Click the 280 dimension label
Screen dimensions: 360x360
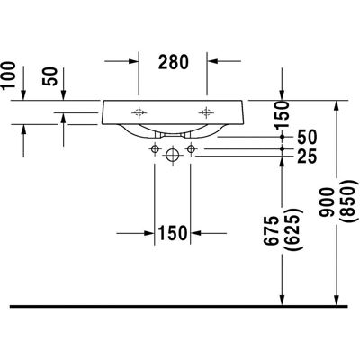tap(174, 62)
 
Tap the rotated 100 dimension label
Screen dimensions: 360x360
tap(8, 75)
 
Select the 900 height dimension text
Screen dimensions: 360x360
tap(327, 202)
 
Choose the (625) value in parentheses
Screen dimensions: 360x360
tap(293, 230)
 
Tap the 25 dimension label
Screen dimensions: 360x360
tap(307, 157)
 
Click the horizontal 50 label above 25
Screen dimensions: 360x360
tap(307, 137)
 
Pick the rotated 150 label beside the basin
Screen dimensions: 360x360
tap(283, 114)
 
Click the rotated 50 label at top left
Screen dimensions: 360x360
tap(49, 76)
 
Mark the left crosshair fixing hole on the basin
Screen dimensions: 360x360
tap(139, 112)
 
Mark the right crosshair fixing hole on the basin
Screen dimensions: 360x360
tap(206, 112)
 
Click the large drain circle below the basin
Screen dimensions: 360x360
tap(173, 156)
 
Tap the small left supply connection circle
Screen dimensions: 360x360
tap(155, 148)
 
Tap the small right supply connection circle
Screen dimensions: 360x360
tap(191, 148)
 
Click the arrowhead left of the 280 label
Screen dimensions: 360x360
tap(133, 61)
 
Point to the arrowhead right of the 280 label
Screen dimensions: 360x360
tap(212, 61)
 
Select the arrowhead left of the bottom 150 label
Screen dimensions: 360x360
tap(149, 233)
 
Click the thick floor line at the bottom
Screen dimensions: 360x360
tap(179, 306)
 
